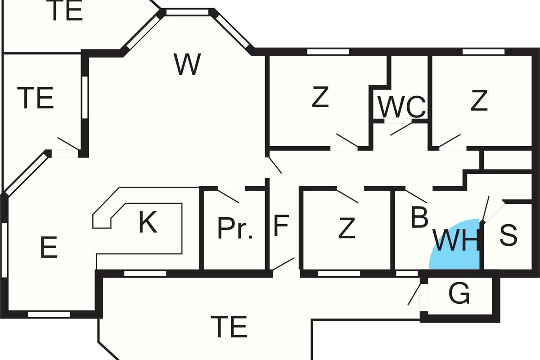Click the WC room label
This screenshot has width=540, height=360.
tap(401, 107)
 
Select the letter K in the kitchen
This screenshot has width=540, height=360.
tap(148, 223)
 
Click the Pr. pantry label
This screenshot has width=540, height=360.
tap(235, 229)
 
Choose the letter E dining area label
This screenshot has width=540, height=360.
tap(49, 248)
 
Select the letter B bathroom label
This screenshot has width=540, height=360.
tap(419, 218)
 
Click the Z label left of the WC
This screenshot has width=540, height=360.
tap(320, 98)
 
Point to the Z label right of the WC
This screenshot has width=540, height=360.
tap(479, 101)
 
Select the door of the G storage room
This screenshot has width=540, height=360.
tap(414, 293)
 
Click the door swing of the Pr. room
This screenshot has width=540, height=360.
tap(228, 196)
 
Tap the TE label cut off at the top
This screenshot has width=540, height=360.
tap(67, 11)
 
